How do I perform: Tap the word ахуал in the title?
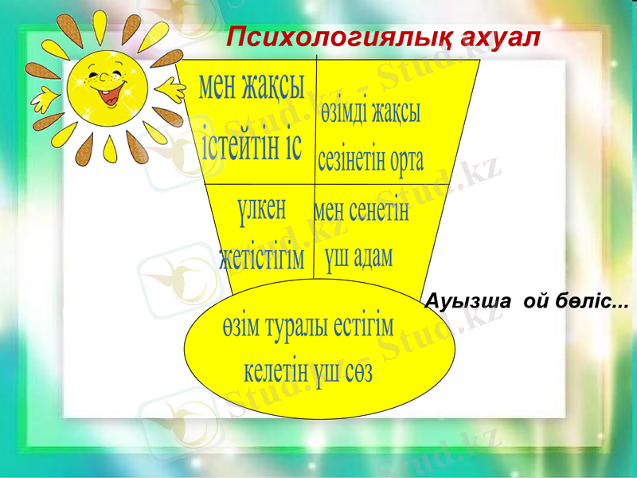[490, 37]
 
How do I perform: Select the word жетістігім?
[261, 257]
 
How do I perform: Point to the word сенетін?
[379, 211]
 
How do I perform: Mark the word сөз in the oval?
[359, 371]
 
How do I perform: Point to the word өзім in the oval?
[240, 325]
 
